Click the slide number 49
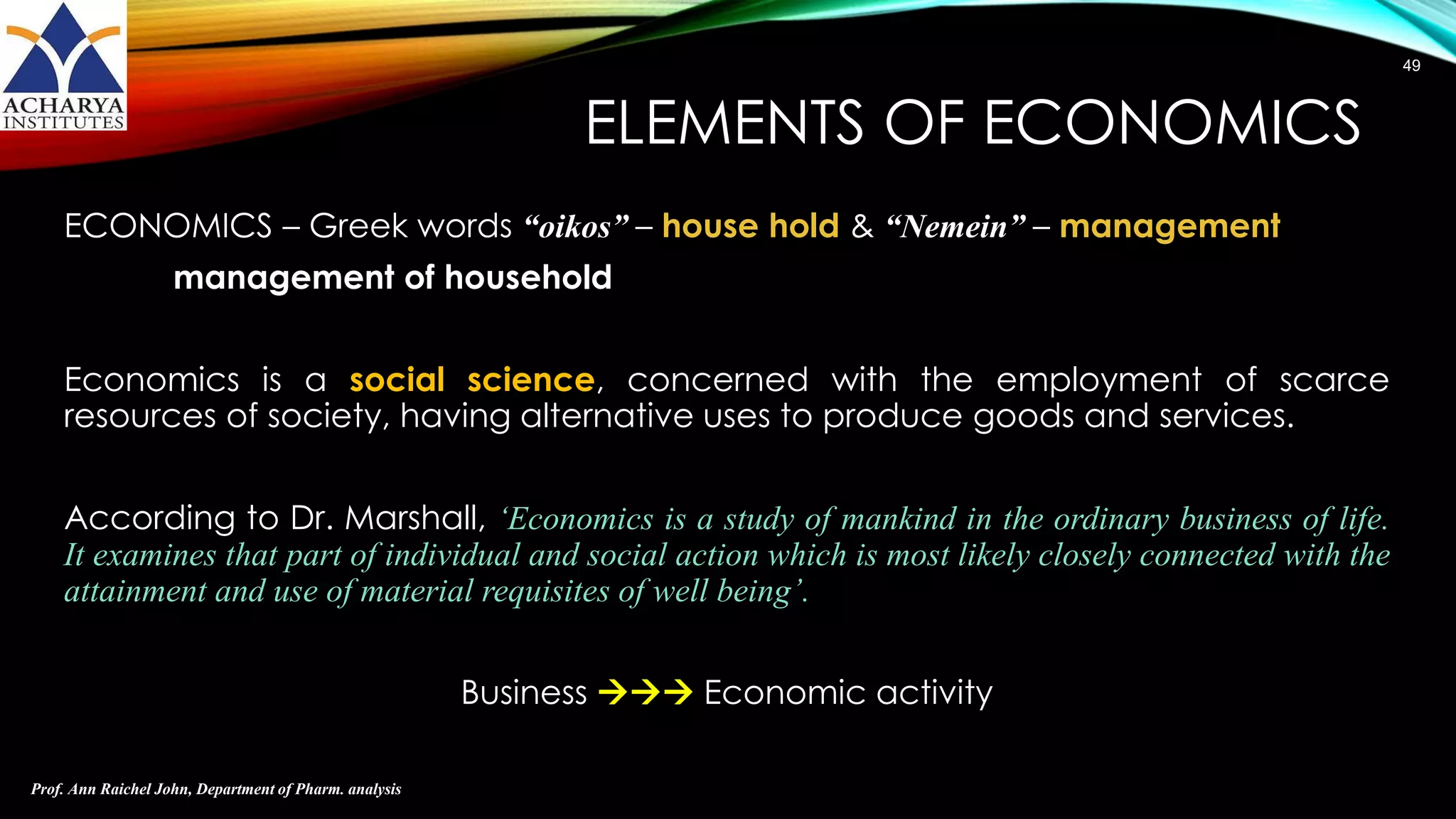[1411, 66]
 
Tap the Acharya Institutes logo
[63, 66]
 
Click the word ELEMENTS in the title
[724, 124]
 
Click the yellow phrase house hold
[750, 226]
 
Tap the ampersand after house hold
[862, 227]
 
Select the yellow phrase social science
[471, 380]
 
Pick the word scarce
[1334, 380]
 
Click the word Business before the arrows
[524, 692]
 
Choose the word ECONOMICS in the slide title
[1172, 124]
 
